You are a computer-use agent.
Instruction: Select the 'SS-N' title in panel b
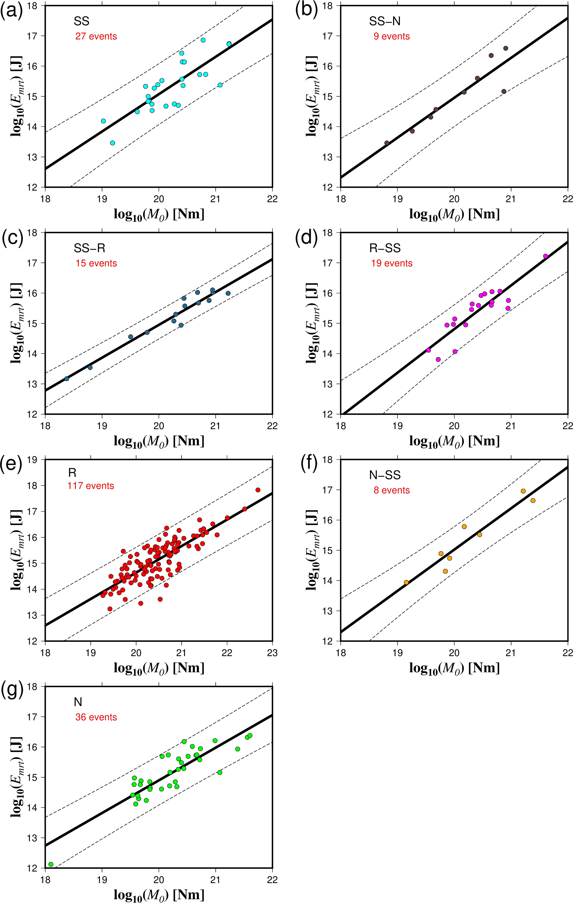click(385, 21)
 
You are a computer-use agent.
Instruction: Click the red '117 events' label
click(91, 486)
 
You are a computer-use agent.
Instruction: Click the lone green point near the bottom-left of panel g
click(51, 864)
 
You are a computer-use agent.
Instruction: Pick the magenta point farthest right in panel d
click(545, 256)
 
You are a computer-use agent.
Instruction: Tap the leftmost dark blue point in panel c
click(67, 378)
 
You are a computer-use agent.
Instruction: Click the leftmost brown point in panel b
click(387, 143)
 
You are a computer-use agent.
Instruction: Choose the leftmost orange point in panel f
click(406, 582)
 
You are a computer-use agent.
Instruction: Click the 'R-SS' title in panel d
click(385, 248)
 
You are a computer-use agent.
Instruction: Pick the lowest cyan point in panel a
click(112, 143)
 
